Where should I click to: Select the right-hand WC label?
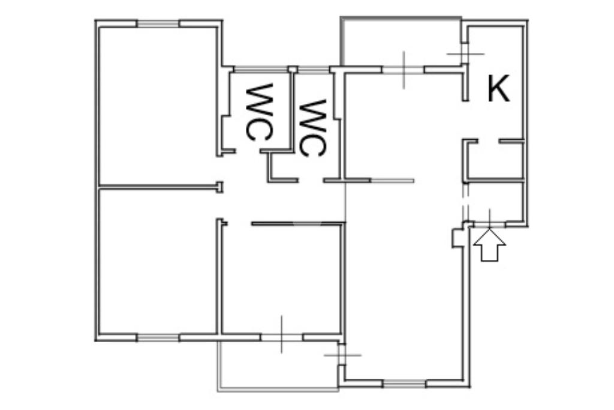click(x=312, y=127)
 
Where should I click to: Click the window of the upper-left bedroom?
click(x=158, y=23)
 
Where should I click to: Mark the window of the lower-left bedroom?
click(x=158, y=337)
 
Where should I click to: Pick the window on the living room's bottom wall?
click(x=404, y=382)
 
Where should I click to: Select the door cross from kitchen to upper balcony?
click(x=465, y=53)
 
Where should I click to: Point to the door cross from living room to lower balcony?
click(x=342, y=354)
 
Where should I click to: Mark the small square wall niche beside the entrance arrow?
click(x=457, y=238)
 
